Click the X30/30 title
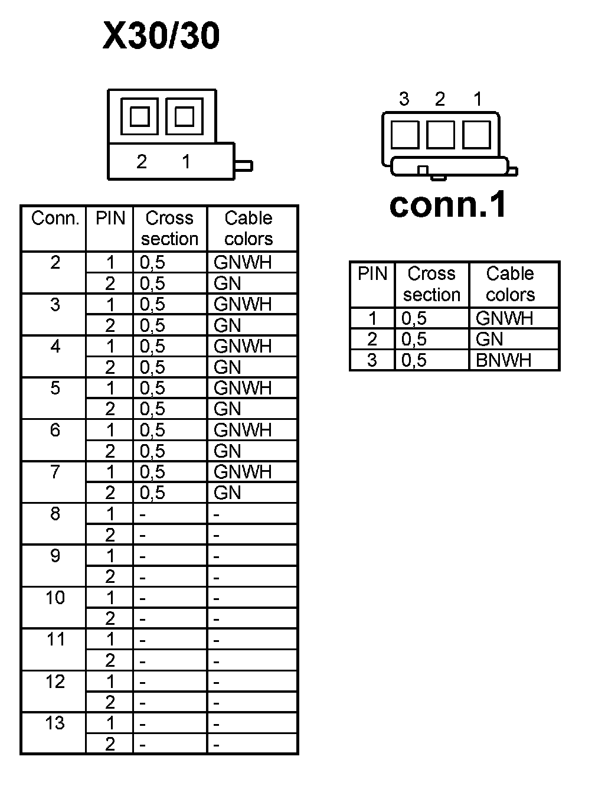coord(161,36)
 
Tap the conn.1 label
coord(448,204)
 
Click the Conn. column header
coord(55,219)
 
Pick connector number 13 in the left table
coord(55,723)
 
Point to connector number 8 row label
coord(55,514)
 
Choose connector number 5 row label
coord(55,388)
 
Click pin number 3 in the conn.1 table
coord(372,360)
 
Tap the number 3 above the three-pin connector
coord(404,99)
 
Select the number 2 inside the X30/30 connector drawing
coord(142,161)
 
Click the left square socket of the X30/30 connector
coord(139,116)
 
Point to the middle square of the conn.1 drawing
coord(440,135)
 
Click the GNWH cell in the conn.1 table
coord(504,318)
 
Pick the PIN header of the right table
coord(372,274)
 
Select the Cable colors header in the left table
coord(249,229)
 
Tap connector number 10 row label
coord(55,598)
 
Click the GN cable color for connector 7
coord(227,493)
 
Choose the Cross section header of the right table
coord(431,284)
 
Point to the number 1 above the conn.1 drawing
coord(478,99)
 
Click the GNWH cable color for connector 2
coord(243,262)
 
